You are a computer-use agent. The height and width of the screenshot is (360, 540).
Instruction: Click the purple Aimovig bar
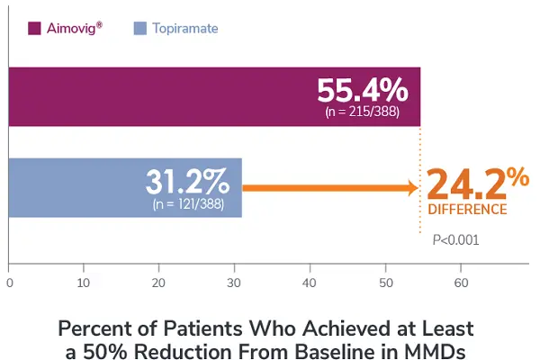[x=162, y=96]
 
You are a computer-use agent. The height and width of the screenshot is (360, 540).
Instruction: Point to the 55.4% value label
[x=363, y=91]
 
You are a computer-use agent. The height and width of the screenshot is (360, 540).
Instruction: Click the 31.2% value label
[x=187, y=181]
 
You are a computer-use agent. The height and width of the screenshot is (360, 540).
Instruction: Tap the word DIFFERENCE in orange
[x=466, y=210]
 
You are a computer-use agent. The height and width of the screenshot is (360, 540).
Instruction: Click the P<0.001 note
[x=455, y=239]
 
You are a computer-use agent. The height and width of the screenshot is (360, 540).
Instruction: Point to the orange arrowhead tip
[x=417, y=188]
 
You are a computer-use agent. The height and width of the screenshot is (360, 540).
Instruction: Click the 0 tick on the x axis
[x=9, y=282]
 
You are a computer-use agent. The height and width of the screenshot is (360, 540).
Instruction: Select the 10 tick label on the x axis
[x=84, y=282]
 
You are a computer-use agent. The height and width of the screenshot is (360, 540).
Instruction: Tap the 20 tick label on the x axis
[x=159, y=282]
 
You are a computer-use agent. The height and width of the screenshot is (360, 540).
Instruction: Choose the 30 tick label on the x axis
[x=235, y=282]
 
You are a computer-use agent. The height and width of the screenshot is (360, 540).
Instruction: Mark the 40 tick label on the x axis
[x=310, y=282]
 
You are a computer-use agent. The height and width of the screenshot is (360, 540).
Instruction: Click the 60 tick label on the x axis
[x=461, y=282]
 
